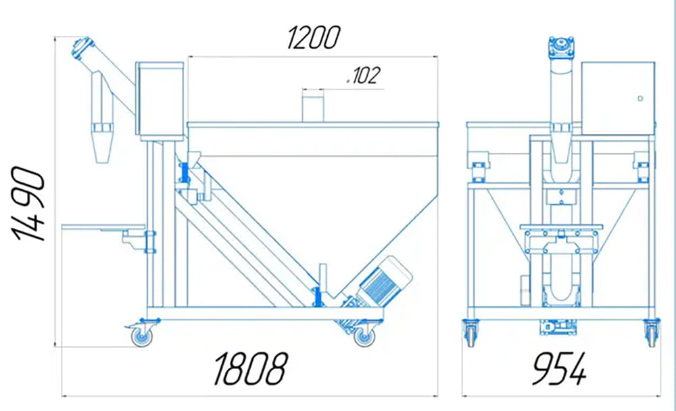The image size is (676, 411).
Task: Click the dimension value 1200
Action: tap(312, 38)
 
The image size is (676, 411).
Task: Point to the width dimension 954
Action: tap(558, 369)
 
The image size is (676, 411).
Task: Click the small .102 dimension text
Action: tap(362, 76)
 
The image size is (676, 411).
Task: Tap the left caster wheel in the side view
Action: tap(141, 335)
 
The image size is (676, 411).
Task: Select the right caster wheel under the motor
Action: tap(364, 335)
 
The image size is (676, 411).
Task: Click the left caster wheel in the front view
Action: tap(470, 333)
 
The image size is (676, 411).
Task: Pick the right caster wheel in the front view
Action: tap(652, 333)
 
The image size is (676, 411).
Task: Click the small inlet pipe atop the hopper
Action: tap(312, 108)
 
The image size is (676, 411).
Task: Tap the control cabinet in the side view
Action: tap(160, 99)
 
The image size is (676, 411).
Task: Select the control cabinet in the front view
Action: tap(618, 97)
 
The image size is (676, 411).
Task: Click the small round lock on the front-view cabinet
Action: tap(639, 99)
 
